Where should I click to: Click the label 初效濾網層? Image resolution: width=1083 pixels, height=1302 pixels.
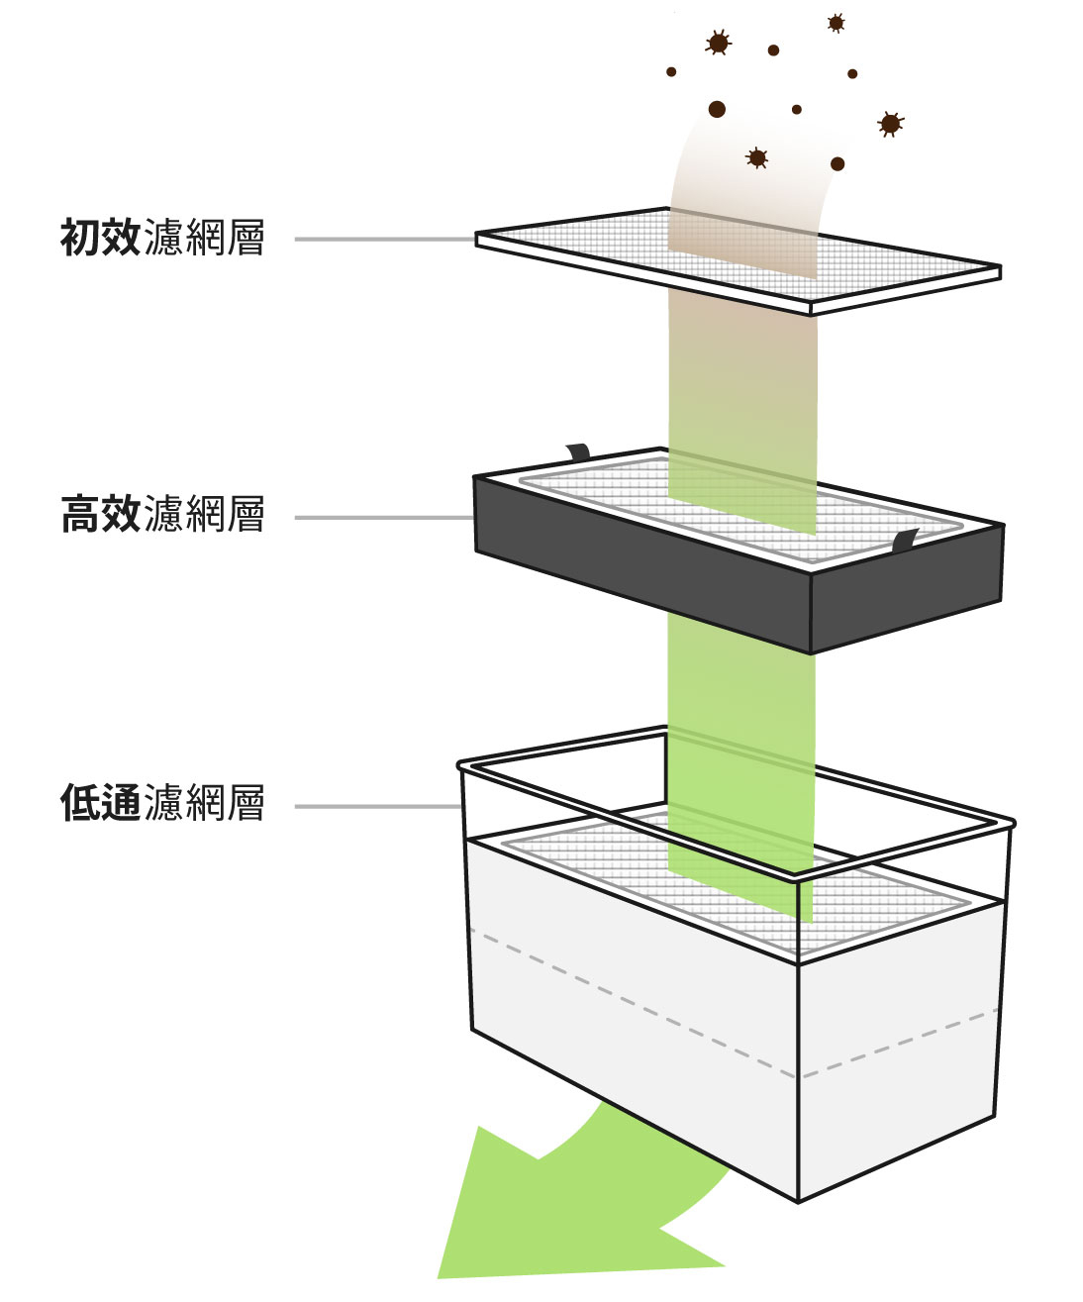[x=162, y=239]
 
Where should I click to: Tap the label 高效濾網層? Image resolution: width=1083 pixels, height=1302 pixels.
[x=162, y=516]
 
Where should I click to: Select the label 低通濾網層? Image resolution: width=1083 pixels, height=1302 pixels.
[x=162, y=803]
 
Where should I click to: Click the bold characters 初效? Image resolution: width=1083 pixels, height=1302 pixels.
[x=100, y=239]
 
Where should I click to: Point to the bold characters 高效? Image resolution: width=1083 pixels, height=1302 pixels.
[x=100, y=516]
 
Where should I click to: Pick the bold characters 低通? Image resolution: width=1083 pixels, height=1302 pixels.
[x=100, y=803]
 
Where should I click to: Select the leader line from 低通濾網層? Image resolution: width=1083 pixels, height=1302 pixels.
[x=376, y=807]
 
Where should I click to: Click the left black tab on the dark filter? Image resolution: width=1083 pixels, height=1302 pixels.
[x=578, y=452]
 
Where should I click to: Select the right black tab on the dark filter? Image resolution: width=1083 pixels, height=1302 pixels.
[x=905, y=541]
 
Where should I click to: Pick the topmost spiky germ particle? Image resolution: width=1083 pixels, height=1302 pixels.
[x=836, y=22]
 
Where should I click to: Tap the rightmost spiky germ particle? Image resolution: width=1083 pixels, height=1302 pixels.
[x=890, y=123]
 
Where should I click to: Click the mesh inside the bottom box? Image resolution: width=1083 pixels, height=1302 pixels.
[x=594, y=861]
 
